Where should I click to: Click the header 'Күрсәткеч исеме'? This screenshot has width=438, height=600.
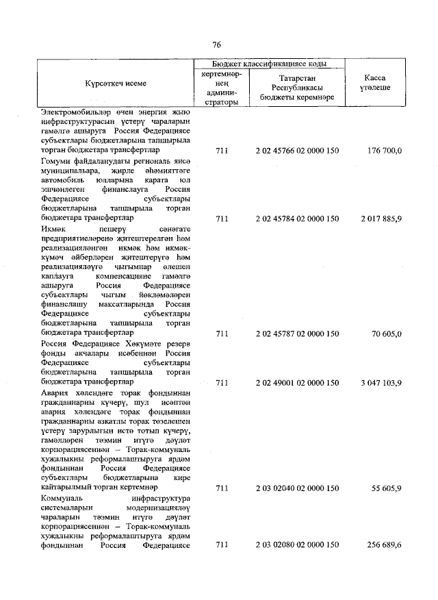[116, 83]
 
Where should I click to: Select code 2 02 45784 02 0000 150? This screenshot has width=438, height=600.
[297, 218]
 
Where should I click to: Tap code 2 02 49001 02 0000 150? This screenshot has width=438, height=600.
[297, 382]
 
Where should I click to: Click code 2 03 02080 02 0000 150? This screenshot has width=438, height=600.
[297, 545]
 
